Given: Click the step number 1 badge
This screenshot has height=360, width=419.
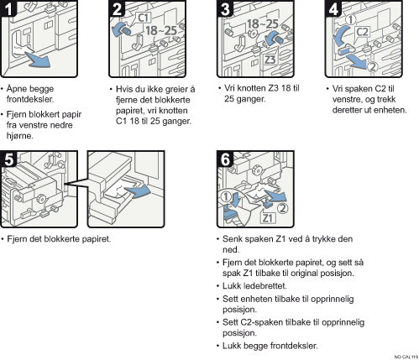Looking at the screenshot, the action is tap(8, 8).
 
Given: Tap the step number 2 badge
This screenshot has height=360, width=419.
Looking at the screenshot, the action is tap(117, 8).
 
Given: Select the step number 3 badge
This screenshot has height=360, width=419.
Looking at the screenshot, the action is tap(225, 8).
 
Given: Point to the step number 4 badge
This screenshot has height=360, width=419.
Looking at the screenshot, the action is tap(333, 8).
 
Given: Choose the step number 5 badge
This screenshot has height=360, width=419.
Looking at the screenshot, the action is tap(8, 159).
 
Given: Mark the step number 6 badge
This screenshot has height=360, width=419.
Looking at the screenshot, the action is tap(225, 159).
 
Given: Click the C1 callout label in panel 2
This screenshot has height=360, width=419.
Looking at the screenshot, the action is tap(144, 18).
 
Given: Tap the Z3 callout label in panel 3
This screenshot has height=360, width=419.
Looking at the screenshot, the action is tap(270, 60).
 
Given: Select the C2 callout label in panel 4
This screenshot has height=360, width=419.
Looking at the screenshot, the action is tap(362, 32).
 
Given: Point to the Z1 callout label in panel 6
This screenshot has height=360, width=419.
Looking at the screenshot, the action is tap(268, 218).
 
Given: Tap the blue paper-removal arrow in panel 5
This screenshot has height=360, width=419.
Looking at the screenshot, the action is tap(138, 191).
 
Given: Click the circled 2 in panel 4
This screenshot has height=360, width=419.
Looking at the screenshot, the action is tap(372, 67).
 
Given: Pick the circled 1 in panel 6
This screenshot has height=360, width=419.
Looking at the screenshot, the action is tap(226, 197).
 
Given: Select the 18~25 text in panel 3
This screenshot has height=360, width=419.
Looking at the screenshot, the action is tap(262, 24).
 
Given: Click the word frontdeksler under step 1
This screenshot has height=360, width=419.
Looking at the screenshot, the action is tap(30, 99).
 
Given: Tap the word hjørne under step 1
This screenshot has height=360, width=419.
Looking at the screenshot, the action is tap(20, 136).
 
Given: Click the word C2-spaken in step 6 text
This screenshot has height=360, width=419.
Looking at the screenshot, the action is tap(262, 322).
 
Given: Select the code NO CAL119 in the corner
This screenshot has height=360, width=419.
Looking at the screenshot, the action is tap(406, 357).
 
